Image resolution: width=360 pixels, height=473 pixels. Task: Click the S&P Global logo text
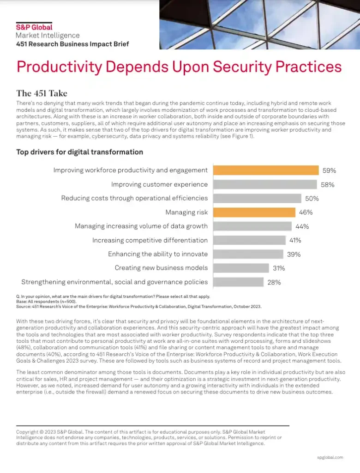(34, 27)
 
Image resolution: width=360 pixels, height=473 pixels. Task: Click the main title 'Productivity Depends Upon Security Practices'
(179, 67)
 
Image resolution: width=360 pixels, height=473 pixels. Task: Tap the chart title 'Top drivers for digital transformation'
(79, 152)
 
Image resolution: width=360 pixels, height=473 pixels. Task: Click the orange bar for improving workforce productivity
(266, 170)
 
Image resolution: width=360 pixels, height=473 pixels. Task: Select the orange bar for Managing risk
(254, 212)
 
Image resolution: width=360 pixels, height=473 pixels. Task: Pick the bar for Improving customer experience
(265, 184)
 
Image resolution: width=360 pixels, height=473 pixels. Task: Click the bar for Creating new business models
(241, 268)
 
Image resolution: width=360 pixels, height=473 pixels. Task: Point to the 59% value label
(329, 170)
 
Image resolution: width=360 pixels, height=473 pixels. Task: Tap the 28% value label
(274, 282)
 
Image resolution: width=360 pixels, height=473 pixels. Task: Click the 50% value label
(312, 199)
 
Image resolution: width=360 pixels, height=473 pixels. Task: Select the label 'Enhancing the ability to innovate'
(158, 254)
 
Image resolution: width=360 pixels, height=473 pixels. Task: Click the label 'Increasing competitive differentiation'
(150, 240)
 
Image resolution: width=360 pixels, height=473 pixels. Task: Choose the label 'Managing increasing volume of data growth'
(141, 226)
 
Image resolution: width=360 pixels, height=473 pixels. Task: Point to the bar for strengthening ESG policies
(238, 282)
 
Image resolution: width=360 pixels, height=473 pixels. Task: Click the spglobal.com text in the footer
(330, 457)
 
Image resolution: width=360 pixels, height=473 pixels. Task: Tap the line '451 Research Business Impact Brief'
(72, 44)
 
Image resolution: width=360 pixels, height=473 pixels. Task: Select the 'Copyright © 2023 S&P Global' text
(53, 432)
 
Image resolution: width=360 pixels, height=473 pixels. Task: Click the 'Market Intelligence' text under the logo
(48, 36)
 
